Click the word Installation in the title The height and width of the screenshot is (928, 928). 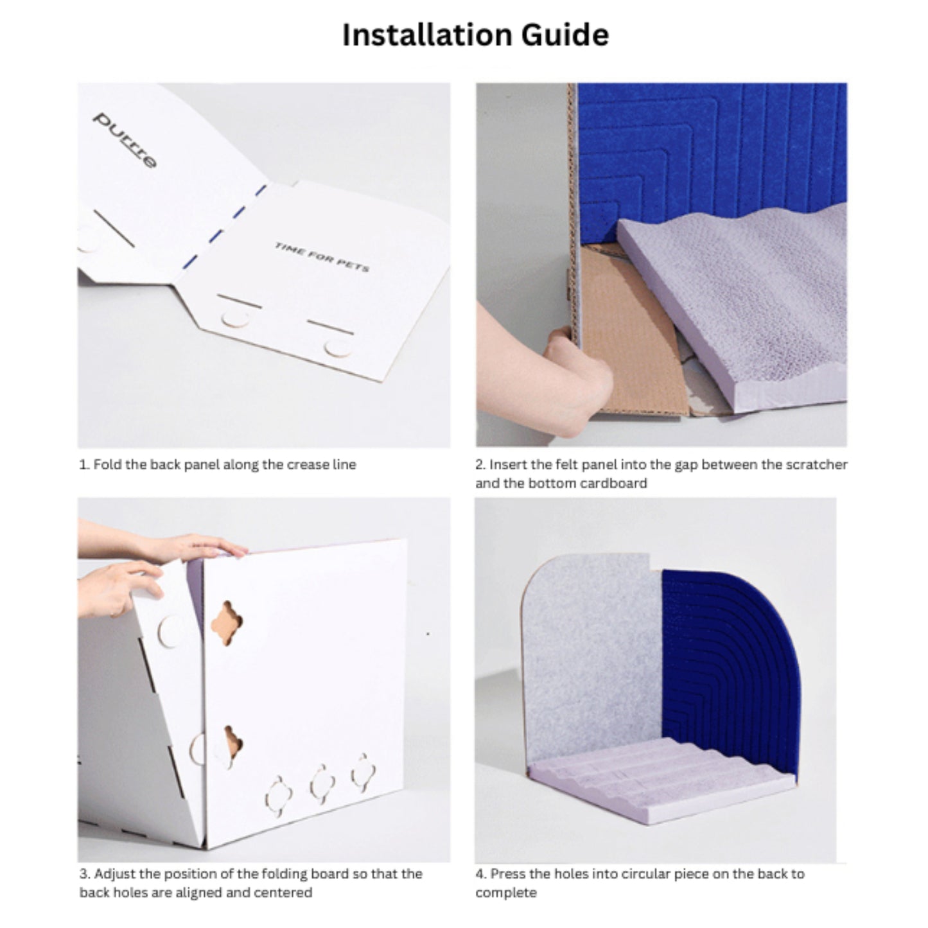(428, 35)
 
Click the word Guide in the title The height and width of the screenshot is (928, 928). (565, 35)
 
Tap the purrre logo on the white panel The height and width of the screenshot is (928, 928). (125, 139)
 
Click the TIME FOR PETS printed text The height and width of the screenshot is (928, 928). (322, 257)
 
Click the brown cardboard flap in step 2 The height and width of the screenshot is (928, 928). (631, 332)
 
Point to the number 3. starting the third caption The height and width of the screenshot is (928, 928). (85, 873)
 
